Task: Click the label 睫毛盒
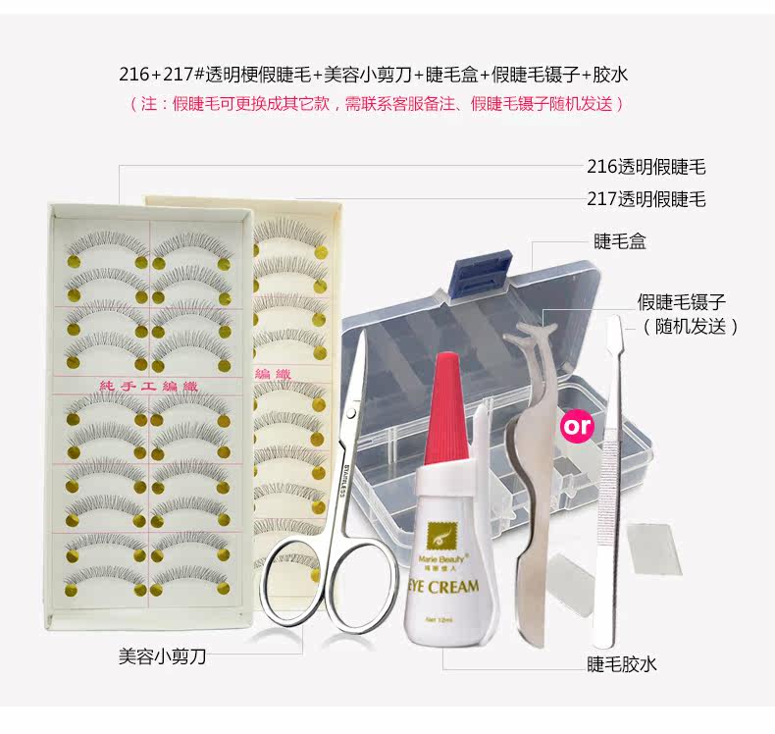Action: [x=620, y=241]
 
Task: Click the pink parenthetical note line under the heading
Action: [x=377, y=103]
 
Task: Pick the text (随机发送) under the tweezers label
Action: [x=690, y=326]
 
